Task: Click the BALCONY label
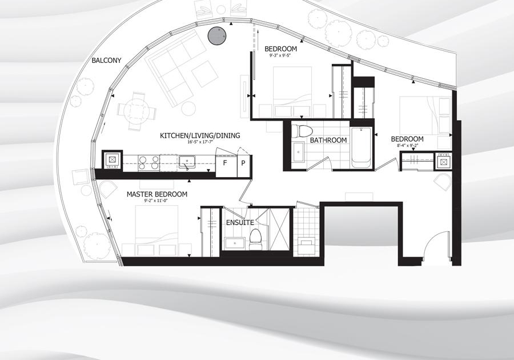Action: click(106, 61)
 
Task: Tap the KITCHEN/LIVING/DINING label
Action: click(200, 135)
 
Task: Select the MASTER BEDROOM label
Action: click(157, 194)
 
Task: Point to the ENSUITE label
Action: click(240, 223)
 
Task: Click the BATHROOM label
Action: click(328, 141)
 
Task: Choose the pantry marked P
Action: click(243, 163)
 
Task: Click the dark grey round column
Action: click(217, 35)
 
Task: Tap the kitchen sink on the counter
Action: click(187, 162)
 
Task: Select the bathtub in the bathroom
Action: click(362, 147)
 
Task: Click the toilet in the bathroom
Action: click(300, 131)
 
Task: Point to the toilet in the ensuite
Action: click(255, 239)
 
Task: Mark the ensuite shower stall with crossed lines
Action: click(279, 229)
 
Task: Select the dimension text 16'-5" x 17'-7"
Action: click(200, 142)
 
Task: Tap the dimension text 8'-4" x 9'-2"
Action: click(407, 145)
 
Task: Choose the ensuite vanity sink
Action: click(235, 243)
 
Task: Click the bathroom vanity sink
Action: click(298, 151)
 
